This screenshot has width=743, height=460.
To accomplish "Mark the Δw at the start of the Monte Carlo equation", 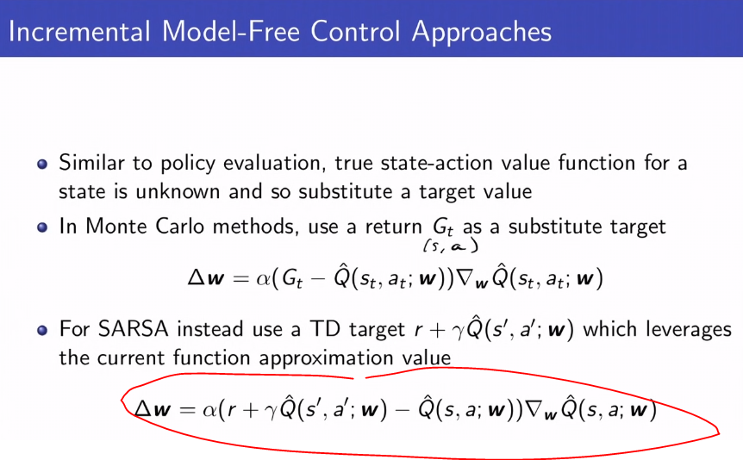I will tap(206, 279).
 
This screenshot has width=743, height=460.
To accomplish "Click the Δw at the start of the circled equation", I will tap(152, 411).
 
